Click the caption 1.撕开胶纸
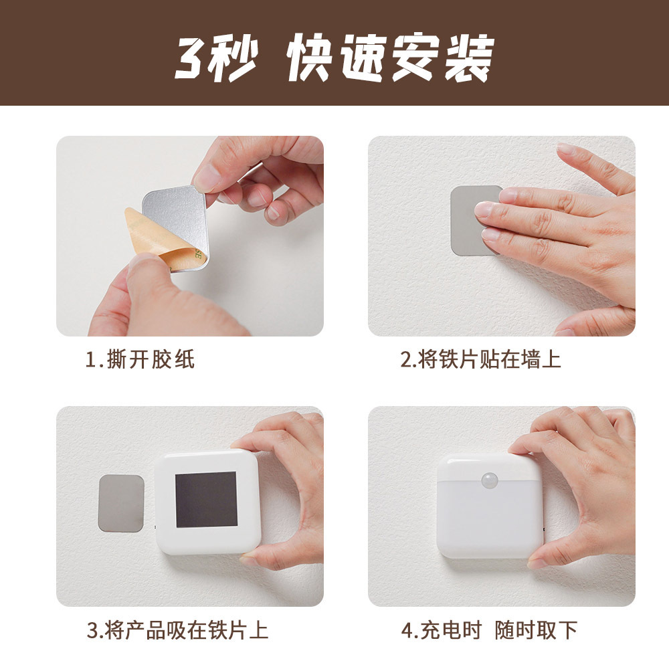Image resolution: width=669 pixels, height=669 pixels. point(140,360)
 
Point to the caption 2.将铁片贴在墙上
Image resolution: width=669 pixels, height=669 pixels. point(480,360)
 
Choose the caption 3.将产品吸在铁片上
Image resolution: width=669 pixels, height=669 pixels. point(177,630)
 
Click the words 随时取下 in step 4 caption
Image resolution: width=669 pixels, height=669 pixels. point(536,630)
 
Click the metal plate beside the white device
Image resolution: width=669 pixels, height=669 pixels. point(120,503)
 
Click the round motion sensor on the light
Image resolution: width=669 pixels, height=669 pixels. point(490,481)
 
